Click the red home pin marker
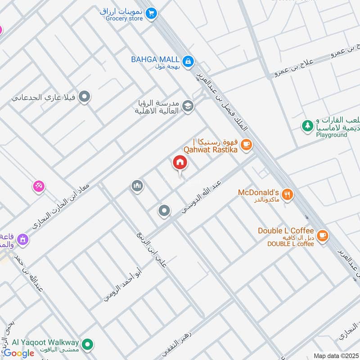point(180,163)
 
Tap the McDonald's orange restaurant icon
point(288,194)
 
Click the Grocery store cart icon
point(152,13)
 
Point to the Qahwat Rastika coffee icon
point(246,144)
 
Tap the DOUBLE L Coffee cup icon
point(322,235)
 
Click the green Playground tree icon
point(307,126)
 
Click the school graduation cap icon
point(189,107)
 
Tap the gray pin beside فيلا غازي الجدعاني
point(84,96)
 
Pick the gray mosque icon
point(137,185)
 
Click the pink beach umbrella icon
point(39,186)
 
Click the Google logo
point(19,353)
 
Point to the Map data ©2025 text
point(336,356)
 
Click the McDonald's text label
point(259,193)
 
